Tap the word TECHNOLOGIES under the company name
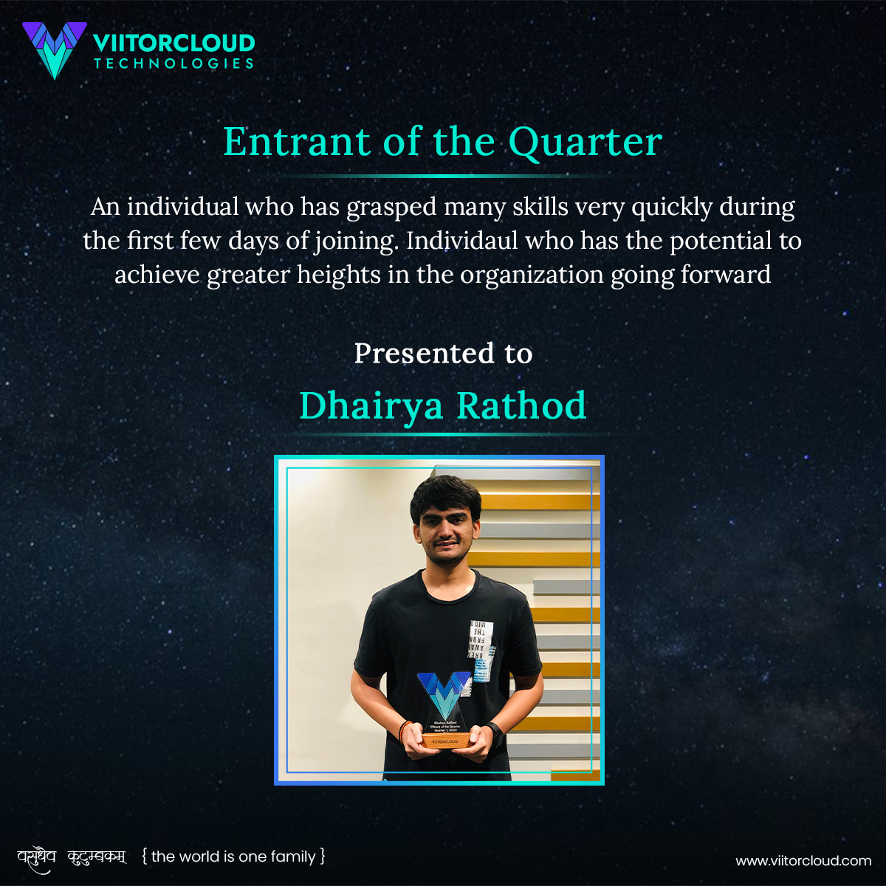[x=174, y=63]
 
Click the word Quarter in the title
[x=585, y=142]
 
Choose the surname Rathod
[x=521, y=406]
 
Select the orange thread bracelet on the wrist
[x=403, y=730]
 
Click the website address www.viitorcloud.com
[x=803, y=861]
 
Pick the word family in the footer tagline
[x=293, y=856]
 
